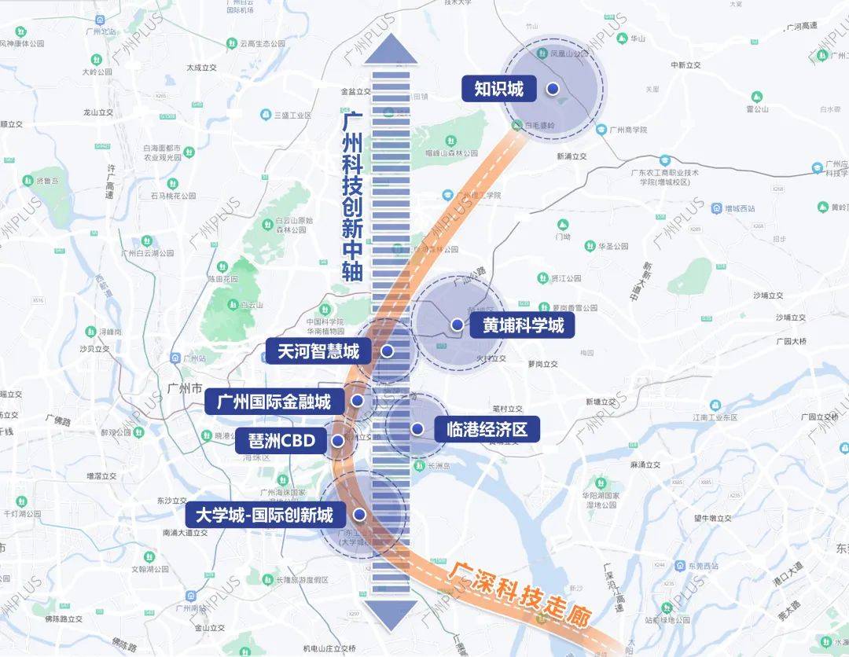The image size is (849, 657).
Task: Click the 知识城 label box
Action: pos(498,89)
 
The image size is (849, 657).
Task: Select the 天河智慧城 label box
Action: pos(318,351)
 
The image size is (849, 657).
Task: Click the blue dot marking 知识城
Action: pos(553,89)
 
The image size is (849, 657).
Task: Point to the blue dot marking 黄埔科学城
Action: pos(457,325)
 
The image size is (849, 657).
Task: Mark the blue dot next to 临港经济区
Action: pos(417,429)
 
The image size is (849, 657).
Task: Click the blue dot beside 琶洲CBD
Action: pos(338,442)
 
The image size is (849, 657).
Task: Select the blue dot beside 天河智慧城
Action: pos(387,351)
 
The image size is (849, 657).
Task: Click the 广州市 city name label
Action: pos(185,388)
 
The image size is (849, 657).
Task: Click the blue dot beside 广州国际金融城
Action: pos(358,402)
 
